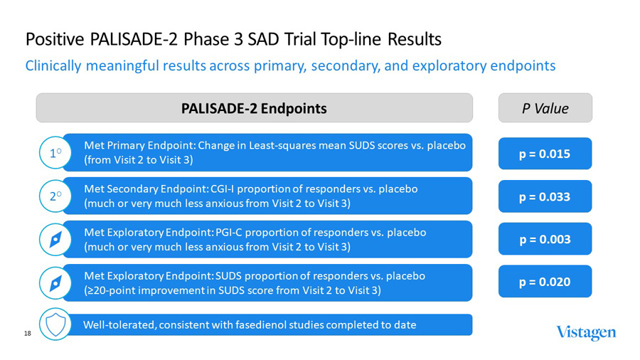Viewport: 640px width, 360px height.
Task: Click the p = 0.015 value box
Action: (x=545, y=154)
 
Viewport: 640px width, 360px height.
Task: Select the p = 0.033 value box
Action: (x=545, y=196)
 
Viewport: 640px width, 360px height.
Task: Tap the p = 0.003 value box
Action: (x=545, y=239)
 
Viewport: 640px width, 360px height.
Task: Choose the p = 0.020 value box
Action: (x=545, y=282)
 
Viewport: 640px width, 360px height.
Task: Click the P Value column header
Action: (x=545, y=108)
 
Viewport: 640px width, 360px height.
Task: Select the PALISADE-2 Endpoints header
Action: (x=254, y=108)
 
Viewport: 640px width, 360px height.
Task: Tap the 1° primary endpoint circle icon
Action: (x=55, y=153)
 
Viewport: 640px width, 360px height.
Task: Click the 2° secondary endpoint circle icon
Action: (x=55, y=196)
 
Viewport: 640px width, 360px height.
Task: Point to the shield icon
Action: (x=55, y=325)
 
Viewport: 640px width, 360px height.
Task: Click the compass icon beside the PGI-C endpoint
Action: (x=55, y=240)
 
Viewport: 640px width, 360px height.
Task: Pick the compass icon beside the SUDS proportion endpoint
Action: (x=55, y=282)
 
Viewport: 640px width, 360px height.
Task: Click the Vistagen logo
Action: (x=586, y=332)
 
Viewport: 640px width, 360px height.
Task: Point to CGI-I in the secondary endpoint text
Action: (x=225, y=189)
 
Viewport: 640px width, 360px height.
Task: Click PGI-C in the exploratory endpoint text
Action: (x=229, y=233)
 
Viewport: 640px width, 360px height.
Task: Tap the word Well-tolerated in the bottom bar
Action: (x=119, y=325)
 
